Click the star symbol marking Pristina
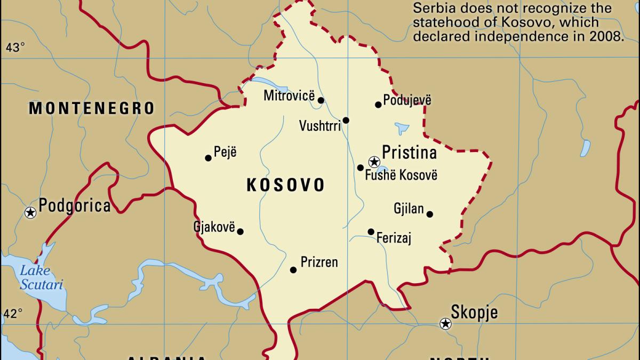(x=374, y=161)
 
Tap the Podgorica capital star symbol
(x=30, y=212)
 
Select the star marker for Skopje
(x=445, y=323)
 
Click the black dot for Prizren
(x=293, y=270)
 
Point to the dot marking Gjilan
(x=429, y=214)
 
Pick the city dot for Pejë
(x=208, y=158)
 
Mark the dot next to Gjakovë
(x=240, y=231)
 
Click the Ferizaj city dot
(x=371, y=231)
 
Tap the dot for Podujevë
(x=378, y=105)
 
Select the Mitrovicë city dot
(x=321, y=100)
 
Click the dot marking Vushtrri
(x=346, y=121)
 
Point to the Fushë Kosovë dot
(x=361, y=168)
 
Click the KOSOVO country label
(x=285, y=185)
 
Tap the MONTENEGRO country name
(x=92, y=109)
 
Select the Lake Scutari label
(x=41, y=277)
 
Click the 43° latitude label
(x=15, y=48)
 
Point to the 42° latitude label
(x=13, y=313)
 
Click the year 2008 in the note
(x=605, y=37)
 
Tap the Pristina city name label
(x=409, y=153)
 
